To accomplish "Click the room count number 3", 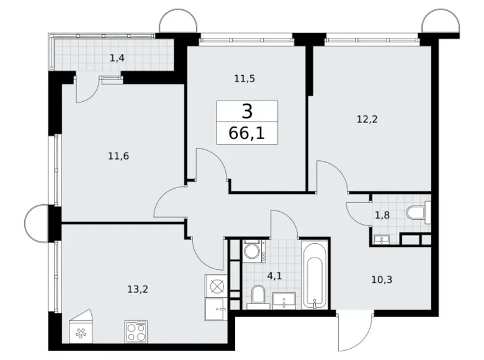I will tap(247, 112).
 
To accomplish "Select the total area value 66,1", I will tap(247, 133).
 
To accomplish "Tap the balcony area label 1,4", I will tap(117, 58).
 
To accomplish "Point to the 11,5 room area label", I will tap(245, 79).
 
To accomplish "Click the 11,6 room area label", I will tap(117, 156).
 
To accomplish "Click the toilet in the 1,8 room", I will tap(418, 213).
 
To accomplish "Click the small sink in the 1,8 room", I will tap(380, 238).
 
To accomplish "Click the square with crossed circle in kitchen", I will tap(217, 286).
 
